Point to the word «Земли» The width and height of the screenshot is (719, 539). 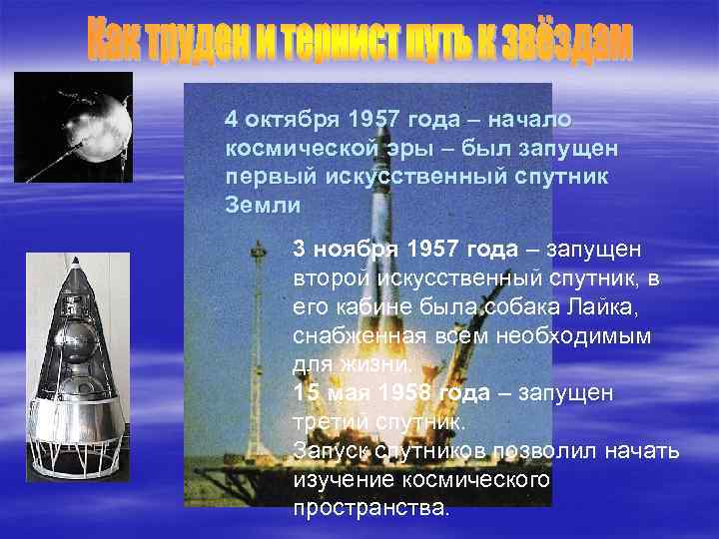point(263,205)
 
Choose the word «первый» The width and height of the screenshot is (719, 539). point(270,177)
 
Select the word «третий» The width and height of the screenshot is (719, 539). point(335,421)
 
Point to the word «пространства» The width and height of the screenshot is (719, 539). point(369,508)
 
